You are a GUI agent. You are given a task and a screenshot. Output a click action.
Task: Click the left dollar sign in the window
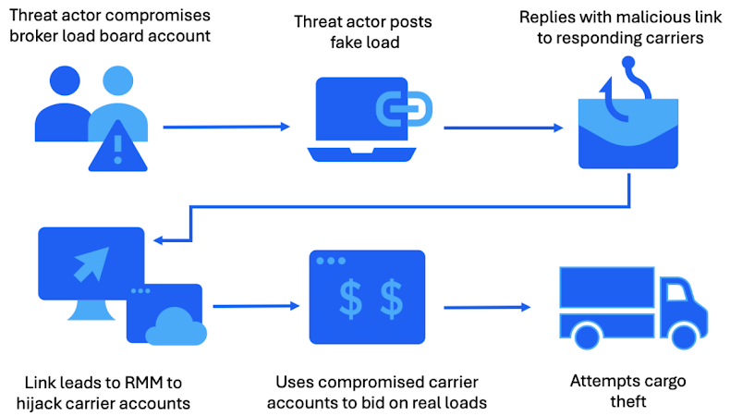351,298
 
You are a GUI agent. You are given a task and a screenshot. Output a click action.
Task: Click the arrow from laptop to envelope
504,128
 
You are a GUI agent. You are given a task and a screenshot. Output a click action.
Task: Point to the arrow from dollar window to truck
488,307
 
